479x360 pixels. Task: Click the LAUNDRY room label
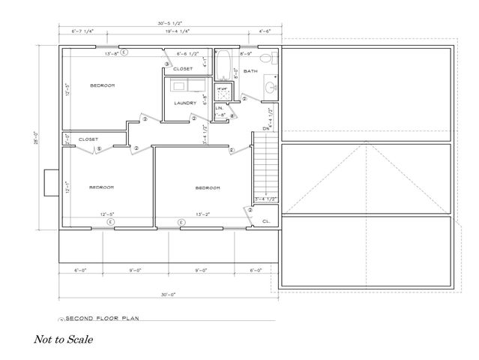pos(184,103)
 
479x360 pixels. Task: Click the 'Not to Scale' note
pos(64,339)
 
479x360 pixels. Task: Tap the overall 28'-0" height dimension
pos(37,139)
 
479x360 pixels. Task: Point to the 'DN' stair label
pos(266,128)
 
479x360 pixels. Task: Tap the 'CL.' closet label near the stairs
pos(265,222)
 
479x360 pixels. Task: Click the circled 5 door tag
pos(99,148)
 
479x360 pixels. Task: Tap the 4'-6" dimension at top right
pos(265,31)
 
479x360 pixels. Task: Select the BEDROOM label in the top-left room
pos(103,85)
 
